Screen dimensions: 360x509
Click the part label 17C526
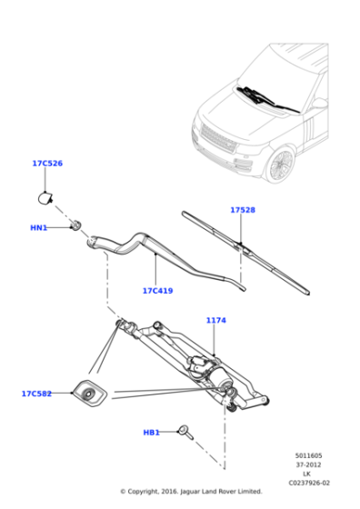[x=47, y=164]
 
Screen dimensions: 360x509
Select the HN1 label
[x=38, y=228]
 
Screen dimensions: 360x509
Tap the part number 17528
[x=243, y=210]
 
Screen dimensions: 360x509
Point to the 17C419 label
[x=158, y=291]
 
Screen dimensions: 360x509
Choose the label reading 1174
[x=216, y=320]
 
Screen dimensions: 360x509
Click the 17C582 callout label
[x=36, y=394]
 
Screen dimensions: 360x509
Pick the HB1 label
[x=151, y=433]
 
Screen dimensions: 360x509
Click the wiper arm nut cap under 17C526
[x=45, y=199]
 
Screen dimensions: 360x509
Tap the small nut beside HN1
[x=76, y=225]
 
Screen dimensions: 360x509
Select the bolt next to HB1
[x=186, y=433]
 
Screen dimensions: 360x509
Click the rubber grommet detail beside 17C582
[x=89, y=393]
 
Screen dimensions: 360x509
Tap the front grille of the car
[x=218, y=137]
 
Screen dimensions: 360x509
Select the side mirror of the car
[x=320, y=104]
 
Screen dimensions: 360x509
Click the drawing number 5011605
[x=308, y=455]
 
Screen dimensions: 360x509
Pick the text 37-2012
[x=308, y=464]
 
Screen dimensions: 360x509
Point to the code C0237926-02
[x=309, y=483]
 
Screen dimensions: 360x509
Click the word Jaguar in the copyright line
[x=188, y=492]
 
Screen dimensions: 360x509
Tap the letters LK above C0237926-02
[x=306, y=474]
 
